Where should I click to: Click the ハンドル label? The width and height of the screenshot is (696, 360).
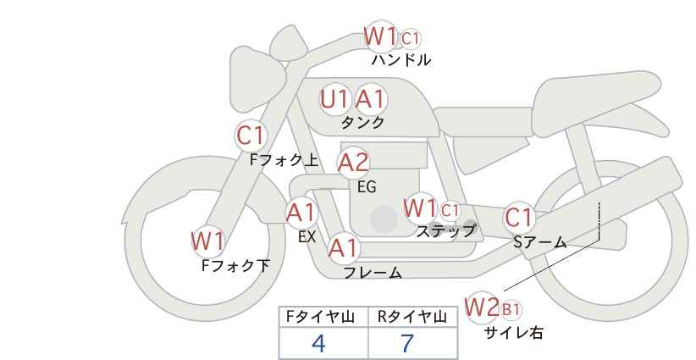pyautogui.click(x=400, y=60)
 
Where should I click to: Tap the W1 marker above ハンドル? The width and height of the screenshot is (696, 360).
pyautogui.click(x=381, y=36)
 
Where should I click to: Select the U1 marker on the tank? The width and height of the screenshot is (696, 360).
pyautogui.click(x=335, y=99)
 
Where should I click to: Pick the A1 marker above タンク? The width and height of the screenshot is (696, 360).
pyautogui.click(x=370, y=99)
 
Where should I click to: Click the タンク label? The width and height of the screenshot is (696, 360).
pyautogui.click(x=362, y=122)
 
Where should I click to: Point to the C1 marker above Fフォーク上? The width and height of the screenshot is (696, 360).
pyautogui.click(x=251, y=135)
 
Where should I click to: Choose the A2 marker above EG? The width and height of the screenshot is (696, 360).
pyautogui.click(x=353, y=162)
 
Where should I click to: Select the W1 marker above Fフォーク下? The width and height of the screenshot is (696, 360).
pyautogui.click(x=207, y=241)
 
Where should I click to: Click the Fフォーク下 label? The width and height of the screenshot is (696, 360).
pyautogui.click(x=235, y=265)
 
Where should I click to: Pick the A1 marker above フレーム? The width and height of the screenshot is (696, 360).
pyautogui.click(x=343, y=248)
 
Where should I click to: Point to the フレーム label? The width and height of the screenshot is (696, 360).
pyautogui.click(x=372, y=273)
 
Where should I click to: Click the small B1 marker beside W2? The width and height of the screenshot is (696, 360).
pyautogui.click(x=511, y=309)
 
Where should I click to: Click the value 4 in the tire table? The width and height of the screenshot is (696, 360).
pyautogui.click(x=318, y=343)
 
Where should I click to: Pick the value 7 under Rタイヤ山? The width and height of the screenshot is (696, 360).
pyautogui.click(x=408, y=343)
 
